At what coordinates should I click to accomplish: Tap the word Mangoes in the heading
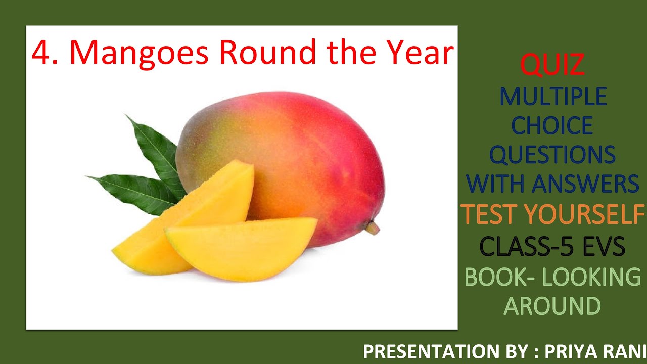(138, 53)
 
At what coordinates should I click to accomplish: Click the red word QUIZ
(552, 65)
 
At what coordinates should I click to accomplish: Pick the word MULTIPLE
(553, 97)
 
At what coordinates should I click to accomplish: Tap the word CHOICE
(553, 126)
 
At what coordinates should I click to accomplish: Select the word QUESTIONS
(553, 155)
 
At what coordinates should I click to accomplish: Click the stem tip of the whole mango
(373, 229)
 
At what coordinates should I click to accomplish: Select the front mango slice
(243, 248)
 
